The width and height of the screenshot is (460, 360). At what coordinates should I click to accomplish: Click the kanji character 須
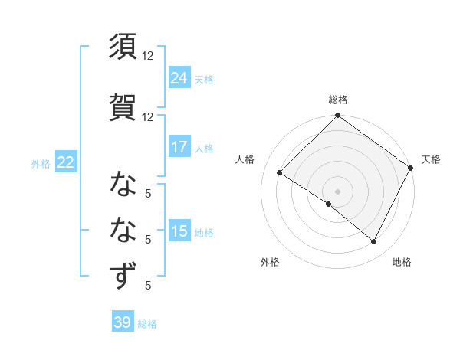123,47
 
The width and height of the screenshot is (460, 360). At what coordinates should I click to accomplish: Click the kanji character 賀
123,106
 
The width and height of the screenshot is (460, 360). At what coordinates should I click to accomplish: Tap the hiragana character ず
123,276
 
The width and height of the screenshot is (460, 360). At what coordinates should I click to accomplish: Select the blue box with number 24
179,78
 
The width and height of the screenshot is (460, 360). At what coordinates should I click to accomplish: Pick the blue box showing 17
179,147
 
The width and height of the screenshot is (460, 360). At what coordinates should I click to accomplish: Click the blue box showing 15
179,231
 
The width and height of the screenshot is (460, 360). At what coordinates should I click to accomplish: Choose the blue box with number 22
66,162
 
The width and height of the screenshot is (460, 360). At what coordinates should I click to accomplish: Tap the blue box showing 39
123,322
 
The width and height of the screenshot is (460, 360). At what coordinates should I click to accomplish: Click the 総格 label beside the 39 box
148,324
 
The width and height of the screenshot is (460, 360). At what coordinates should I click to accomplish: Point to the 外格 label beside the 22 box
41,163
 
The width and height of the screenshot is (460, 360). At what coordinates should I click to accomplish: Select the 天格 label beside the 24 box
204,79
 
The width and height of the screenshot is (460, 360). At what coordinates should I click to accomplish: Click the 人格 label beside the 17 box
204,148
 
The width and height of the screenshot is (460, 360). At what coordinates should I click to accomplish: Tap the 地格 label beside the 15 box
204,232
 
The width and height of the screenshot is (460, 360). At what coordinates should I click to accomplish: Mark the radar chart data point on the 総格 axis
337,116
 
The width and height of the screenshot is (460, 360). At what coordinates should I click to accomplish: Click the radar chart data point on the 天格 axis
411,168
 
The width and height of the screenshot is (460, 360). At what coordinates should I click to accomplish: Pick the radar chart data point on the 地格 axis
374,242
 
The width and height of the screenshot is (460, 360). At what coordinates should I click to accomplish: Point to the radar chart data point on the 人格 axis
281,173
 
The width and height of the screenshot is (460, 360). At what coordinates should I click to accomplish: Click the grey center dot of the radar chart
337,191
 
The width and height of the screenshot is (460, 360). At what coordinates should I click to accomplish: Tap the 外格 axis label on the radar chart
270,262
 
